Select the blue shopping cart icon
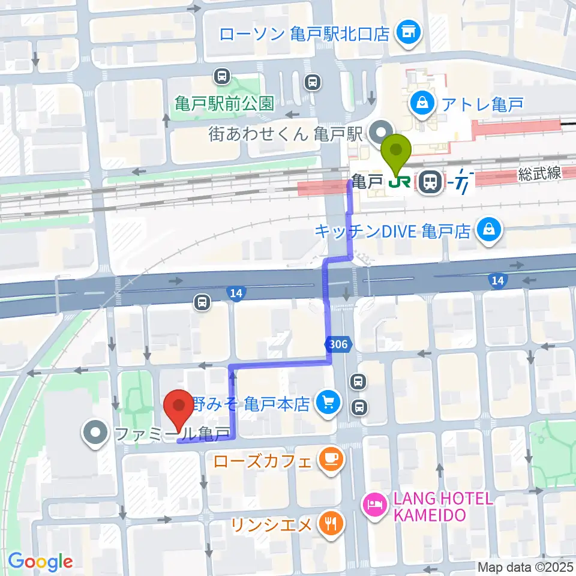tap(328, 401)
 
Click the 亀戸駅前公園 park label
tap(224, 103)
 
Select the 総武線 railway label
tap(540, 174)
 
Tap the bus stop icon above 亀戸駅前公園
tap(222, 76)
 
